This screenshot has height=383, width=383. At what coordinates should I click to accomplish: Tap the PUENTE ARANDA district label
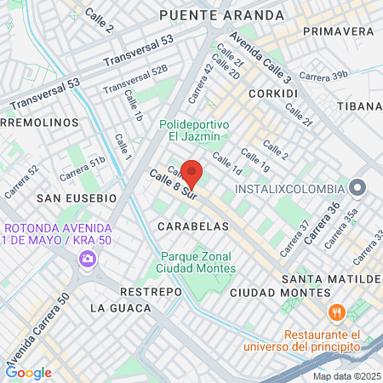pyautogui.click(x=221, y=15)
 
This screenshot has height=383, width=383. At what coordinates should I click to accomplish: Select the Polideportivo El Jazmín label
pyautogui.click(x=194, y=129)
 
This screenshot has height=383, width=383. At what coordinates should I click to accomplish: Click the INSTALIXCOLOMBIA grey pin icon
pyautogui.click(x=357, y=187)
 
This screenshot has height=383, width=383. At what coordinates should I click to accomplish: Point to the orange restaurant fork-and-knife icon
pyautogui.click(x=337, y=312)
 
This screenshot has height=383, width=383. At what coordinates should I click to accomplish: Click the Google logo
pyautogui.click(x=28, y=372)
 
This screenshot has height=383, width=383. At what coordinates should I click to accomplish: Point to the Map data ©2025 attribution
pyautogui.click(x=346, y=376)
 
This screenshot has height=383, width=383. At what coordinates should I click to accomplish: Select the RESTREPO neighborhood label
pyautogui.click(x=151, y=291)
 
